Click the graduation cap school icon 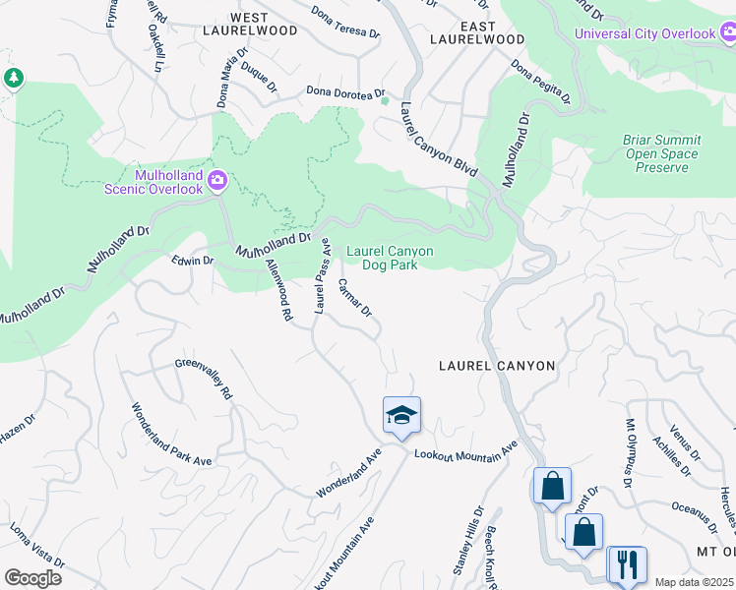401,415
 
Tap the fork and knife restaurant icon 627,564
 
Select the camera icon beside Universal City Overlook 726,34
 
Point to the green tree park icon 14,79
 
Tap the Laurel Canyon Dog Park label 390,258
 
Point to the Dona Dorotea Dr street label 343,92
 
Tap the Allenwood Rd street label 279,291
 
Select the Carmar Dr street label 354,297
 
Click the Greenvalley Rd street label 205,378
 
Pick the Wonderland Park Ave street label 171,434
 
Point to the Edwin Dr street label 192,261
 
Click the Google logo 32,577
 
